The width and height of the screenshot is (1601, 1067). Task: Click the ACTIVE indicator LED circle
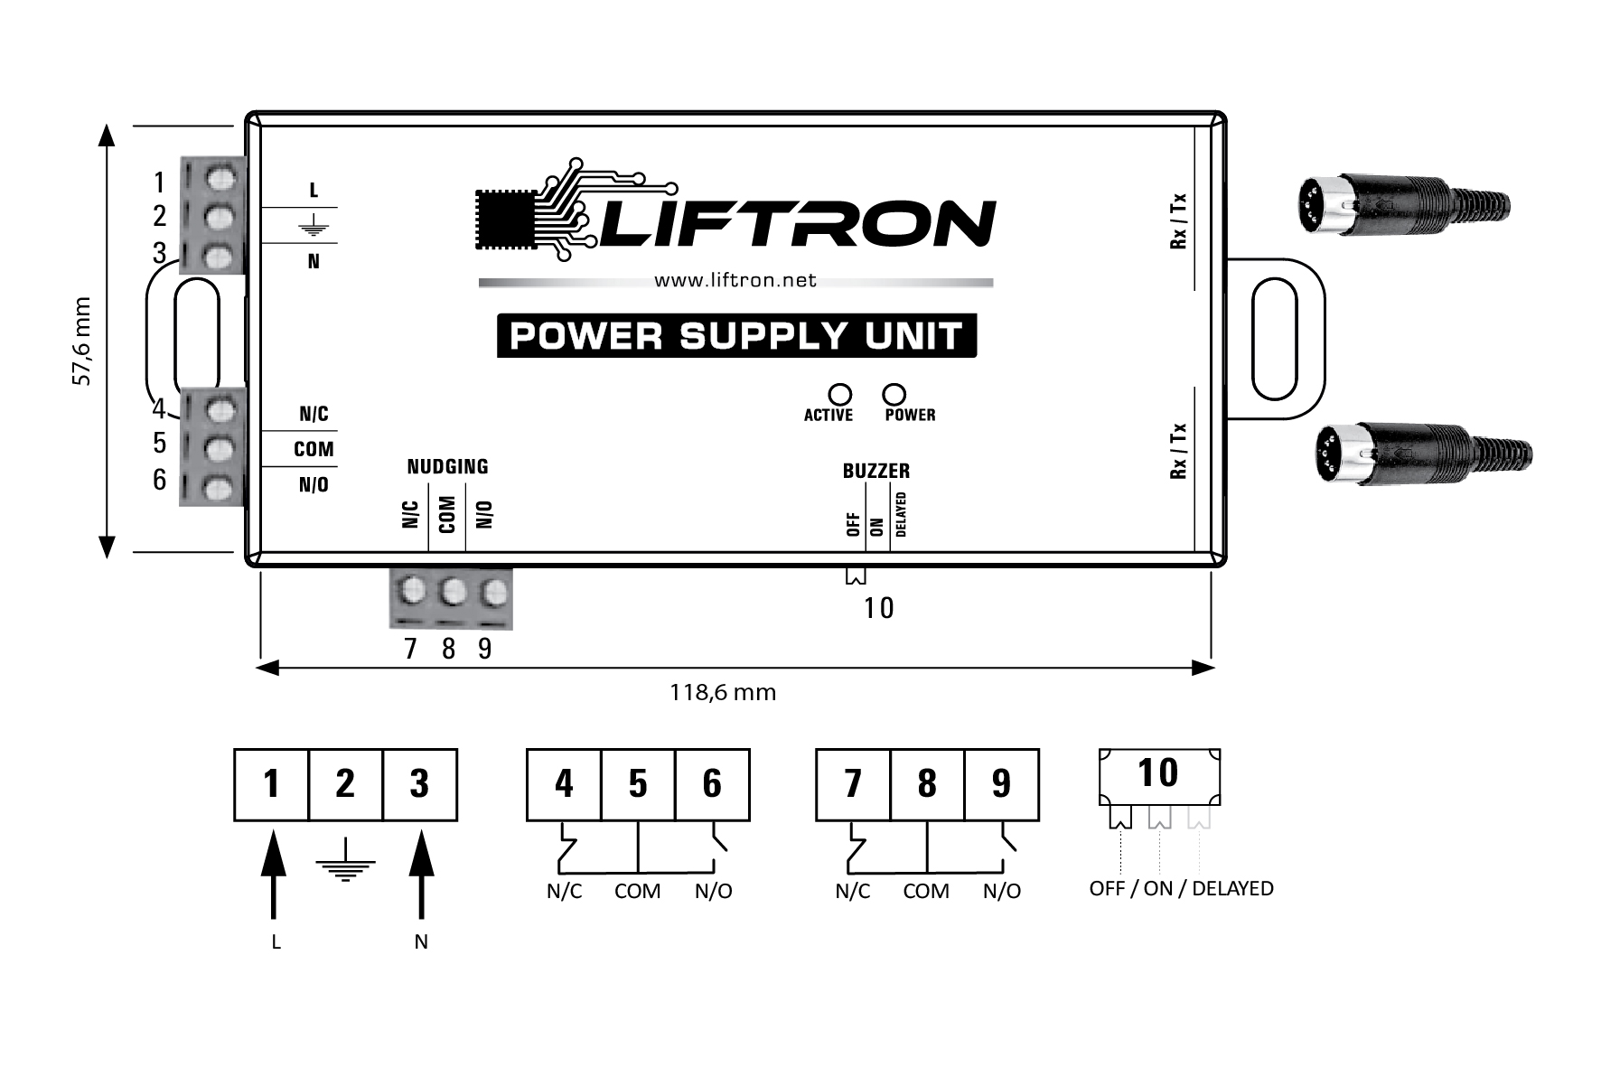click(x=840, y=395)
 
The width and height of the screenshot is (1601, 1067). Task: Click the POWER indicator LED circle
click(x=894, y=395)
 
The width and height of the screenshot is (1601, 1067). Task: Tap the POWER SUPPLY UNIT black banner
click(x=736, y=336)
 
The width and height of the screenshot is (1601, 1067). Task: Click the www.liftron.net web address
click(x=735, y=280)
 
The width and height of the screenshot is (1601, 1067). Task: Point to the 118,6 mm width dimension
click(x=723, y=692)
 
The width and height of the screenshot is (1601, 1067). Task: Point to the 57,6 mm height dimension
click(x=82, y=342)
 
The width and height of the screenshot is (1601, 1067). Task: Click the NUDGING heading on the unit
click(x=447, y=466)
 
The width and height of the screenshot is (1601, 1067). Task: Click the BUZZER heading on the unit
click(x=875, y=471)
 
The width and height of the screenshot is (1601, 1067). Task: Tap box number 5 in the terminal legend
click(x=638, y=784)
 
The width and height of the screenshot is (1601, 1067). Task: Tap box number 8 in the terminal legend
click(x=927, y=784)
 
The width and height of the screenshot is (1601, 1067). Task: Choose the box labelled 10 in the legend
click(x=1158, y=774)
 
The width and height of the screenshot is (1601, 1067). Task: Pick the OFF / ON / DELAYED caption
click(x=1181, y=888)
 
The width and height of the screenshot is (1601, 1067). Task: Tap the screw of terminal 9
click(x=493, y=593)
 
